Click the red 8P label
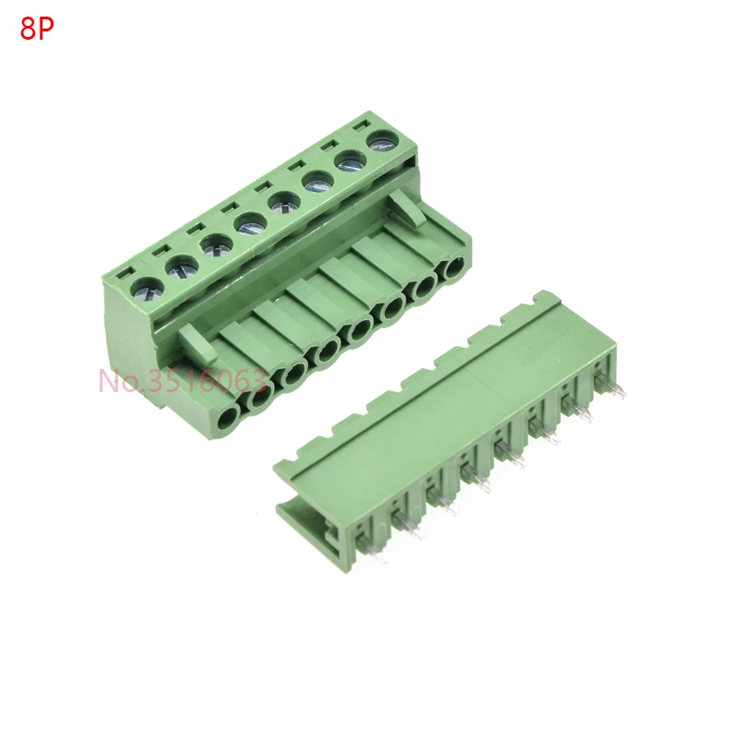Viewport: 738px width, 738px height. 37,30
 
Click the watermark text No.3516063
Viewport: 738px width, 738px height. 183,381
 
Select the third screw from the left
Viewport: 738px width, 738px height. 215,245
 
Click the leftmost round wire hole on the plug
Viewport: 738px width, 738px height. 229,418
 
